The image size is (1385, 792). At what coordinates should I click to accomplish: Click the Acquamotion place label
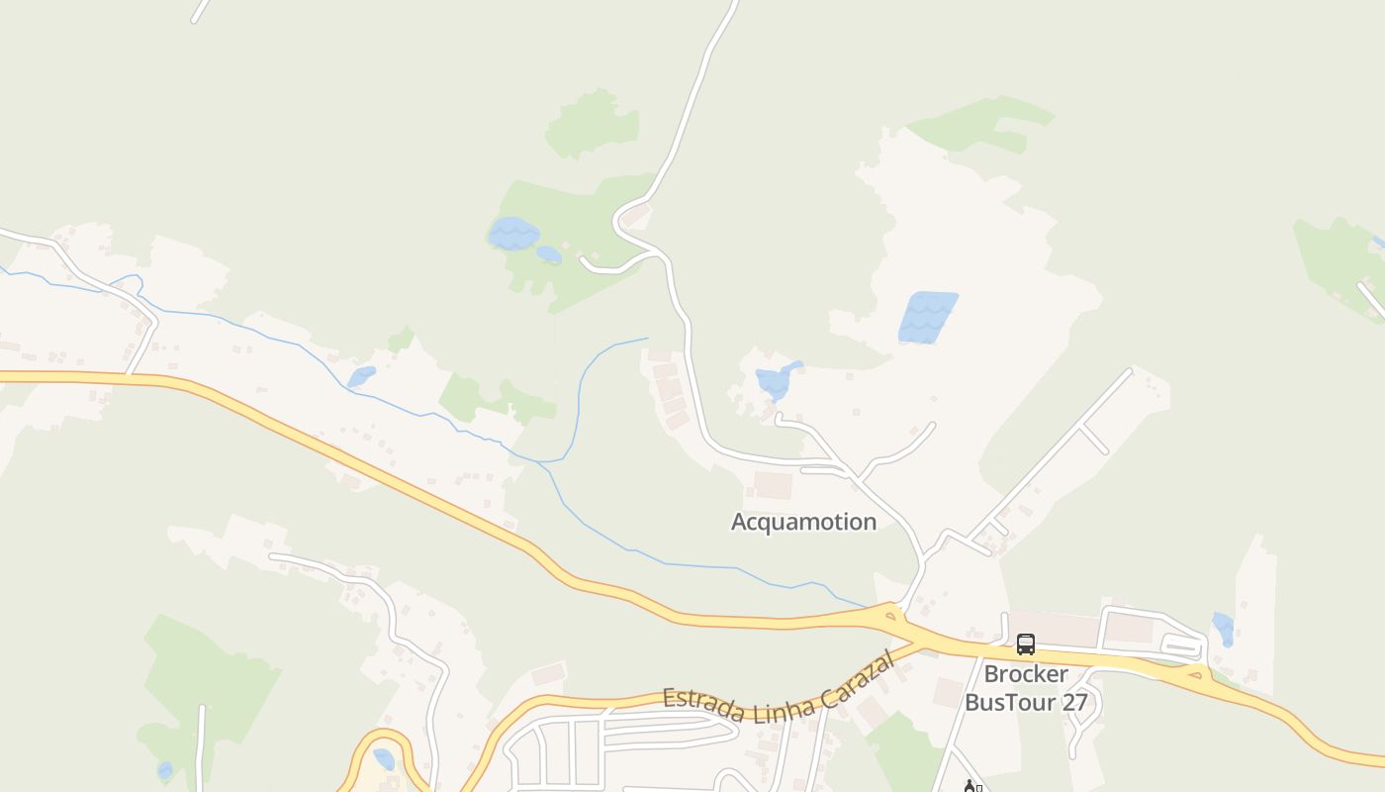tap(803, 522)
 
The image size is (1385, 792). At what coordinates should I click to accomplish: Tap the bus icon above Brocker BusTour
tap(1026, 644)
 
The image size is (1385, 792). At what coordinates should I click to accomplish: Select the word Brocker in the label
tap(1026, 674)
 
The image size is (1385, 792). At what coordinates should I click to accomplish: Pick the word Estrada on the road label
tap(700, 699)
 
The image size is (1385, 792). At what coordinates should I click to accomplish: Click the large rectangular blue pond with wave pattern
tap(927, 317)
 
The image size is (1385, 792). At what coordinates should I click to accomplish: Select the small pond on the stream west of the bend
tap(361, 377)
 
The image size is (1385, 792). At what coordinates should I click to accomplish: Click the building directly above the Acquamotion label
tap(773, 485)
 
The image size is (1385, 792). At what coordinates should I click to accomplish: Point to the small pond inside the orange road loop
tap(384, 759)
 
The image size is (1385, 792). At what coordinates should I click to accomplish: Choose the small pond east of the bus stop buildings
tap(1224, 628)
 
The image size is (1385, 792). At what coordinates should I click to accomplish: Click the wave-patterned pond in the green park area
tap(513, 235)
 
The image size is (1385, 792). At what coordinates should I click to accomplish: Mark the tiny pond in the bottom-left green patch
tap(165, 770)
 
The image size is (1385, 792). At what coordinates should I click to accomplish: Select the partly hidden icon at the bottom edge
tap(970, 786)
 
